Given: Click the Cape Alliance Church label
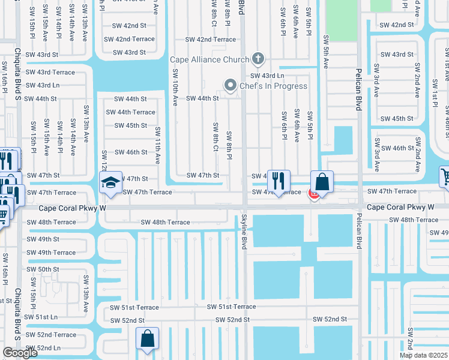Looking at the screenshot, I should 209,59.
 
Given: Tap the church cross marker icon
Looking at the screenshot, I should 258,59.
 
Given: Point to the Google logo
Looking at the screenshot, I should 20,353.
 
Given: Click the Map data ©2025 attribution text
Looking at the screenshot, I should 423,355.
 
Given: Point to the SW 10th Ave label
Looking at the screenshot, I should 175,88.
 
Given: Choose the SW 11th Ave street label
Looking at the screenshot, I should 157,146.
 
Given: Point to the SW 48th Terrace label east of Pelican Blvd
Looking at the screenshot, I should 414,220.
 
